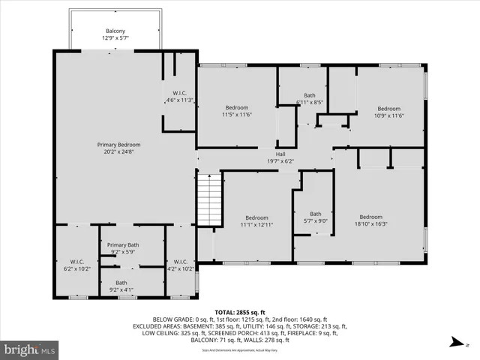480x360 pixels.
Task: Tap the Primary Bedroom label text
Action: pyautogui.click(x=118, y=145)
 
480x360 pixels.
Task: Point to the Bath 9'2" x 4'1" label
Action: pyautogui.click(x=121, y=286)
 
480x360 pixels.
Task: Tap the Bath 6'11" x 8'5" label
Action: pyautogui.click(x=309, y=98)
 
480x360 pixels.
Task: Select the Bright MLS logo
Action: pyautogui.click(x=30, y=349)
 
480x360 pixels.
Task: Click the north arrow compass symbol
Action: pyautogui.click(x=455, y=343)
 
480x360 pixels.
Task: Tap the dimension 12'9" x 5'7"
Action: pyautogui.click(x=115, y=38)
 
